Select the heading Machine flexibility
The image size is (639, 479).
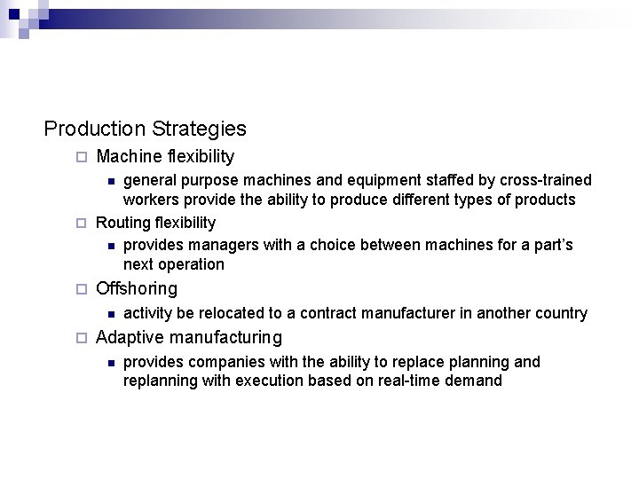pyautogui.click(x=165, y=157)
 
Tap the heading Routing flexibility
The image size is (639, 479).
pyautogui.click(x=155, y=222)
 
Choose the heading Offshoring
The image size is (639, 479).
pyautogui.click(x=136, y=288)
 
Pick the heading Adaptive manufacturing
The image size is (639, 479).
pyautogui.click(x=188, y=337)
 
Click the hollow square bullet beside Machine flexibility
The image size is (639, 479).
pyautogui.click(x=81, y=158)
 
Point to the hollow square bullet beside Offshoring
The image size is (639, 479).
pyautogui.click(x=81, y=289)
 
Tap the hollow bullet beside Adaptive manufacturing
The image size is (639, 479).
pyautogui.click(x=81, y=338)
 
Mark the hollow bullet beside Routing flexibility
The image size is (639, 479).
pyautogui.click(x=81, y=223)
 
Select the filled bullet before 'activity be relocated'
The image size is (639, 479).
pyautogui.click(x=109, y=313)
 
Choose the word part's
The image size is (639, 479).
pyautogui.click(x=550, y=245)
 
